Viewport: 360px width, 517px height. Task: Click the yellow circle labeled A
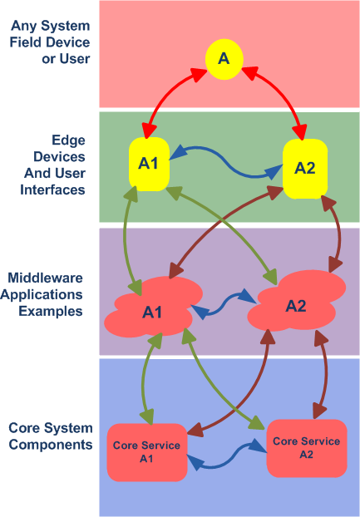[224, 59]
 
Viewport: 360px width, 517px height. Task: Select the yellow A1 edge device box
[149, 164]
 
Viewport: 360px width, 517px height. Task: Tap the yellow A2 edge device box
[305, 169]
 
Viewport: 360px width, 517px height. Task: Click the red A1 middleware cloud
[153, 308]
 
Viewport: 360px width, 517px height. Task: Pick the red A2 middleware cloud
[297, 301]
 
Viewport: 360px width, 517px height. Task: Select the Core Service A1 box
[147, 452]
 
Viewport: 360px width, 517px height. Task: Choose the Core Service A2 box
[307, 448]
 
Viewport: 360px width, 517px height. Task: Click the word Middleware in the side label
[45, 278]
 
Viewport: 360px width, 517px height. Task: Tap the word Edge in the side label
[68, 140]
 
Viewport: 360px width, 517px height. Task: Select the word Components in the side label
[51, 444]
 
